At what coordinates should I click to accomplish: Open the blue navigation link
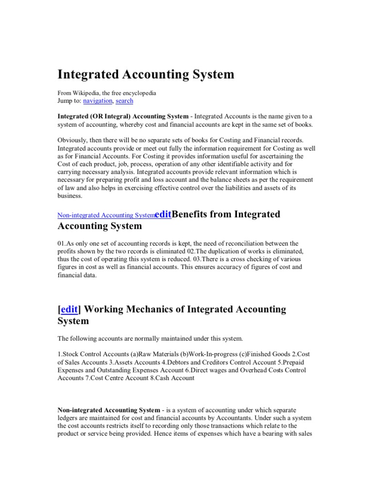(x=98, y=100)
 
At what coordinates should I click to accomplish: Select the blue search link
(x=124, y=100)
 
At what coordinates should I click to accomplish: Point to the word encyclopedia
(x=138, y=92)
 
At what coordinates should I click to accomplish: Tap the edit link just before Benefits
(x=163, y=214)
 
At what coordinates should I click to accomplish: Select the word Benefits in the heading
(x=193, y=214)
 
